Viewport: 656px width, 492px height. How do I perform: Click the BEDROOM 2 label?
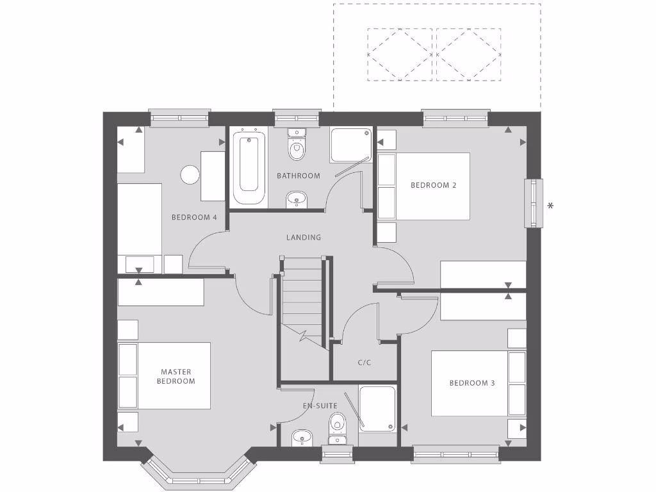click(x=433, y=185)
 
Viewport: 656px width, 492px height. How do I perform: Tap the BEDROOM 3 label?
click(x=471, y=383)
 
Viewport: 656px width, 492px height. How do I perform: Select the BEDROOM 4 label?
click(x=194, y=217)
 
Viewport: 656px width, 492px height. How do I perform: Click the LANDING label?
click(x=304, y=237)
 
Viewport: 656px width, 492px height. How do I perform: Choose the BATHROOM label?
click(x=298, y=176)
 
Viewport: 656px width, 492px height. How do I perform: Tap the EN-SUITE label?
click(x=320, y=406)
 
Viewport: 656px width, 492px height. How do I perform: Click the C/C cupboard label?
click(x=365, y=362)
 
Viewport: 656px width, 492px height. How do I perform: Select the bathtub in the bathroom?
click(x=249, y=168)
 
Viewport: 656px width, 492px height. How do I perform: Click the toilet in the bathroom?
click(x=296, y=147)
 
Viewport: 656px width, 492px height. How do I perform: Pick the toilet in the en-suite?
click(x=337, y=425)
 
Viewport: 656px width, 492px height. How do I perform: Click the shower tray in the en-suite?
click(x=377, y=408)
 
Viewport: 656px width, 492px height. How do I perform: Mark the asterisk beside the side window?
click(x=550, y=206)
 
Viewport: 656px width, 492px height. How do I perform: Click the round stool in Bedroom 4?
click(x=190, y=175)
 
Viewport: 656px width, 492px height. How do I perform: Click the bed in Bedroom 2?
click(x=432, y=186)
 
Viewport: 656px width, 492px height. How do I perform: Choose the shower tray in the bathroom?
click(x=350, y=145)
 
